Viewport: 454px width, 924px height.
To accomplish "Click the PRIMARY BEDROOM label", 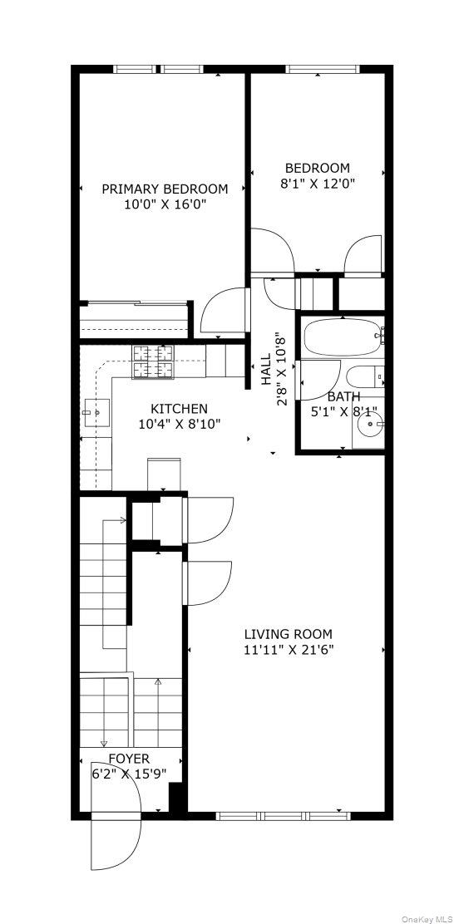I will pos(165,189).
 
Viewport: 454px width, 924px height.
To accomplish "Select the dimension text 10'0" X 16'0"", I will pos(165,204).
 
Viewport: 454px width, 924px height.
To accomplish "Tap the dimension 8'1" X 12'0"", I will pos(317,184).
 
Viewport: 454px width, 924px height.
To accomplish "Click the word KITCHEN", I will pos(179,409).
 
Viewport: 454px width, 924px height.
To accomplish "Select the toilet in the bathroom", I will pos(365,376).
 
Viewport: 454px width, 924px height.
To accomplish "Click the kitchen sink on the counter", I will pos(96,410).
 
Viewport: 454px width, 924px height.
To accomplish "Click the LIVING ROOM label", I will pos(288,633).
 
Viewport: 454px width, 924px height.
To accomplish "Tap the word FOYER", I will pos(129,759).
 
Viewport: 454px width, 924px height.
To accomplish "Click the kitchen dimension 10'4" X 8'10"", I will pos(179,424).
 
